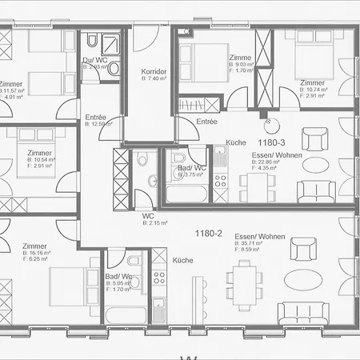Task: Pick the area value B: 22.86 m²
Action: [264, 161]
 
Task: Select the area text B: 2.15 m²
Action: [154, 223]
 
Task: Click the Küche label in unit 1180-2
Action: [183, 261]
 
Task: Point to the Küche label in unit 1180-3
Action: [235, 142]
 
